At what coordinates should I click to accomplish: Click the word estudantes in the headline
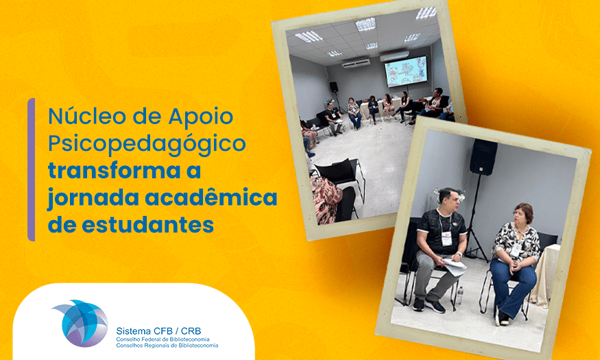pyautogui.click(x=147, y=224)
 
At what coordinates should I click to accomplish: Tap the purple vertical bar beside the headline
pyautogui.click(x=32, y=170)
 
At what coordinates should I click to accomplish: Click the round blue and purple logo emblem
pyautogui.click(x=82, y=323)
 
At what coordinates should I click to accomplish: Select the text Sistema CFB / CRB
pyautogui.click(x=158, y=331)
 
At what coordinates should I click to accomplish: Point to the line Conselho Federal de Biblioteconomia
pyautogui.click(x=163, y=339)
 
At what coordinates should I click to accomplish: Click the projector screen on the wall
pyautogui.click(x=406, y=71)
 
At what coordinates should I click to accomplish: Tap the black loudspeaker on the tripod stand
pyautogui.click(x=483, y=157)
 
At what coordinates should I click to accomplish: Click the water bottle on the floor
pyautogui.click(x=459, y=296)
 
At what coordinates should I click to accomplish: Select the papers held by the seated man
pyautogui.click(x=455, y=266)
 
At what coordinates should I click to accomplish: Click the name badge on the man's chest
pyautogui.click(x=446, y=239)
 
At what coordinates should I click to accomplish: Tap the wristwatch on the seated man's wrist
pyautogui.click(x=459, y=254)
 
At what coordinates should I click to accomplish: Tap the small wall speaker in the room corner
pyautogui.click(x=334, y=87)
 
